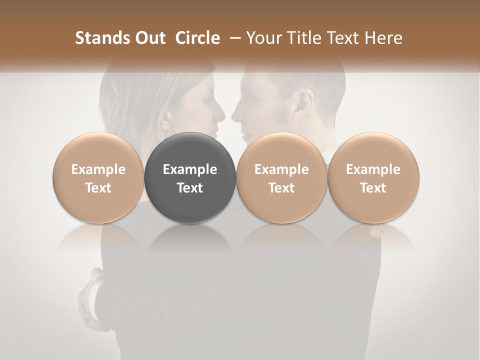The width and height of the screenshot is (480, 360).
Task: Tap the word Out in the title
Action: [148, 38]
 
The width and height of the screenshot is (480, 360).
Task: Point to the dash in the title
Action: [233, 38]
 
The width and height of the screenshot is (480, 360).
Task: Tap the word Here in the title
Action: [384, 38]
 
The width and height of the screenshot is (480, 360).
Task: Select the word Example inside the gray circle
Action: [190, 169]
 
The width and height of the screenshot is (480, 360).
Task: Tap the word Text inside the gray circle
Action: [190, 188]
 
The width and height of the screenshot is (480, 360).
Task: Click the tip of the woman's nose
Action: [223, 119]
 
